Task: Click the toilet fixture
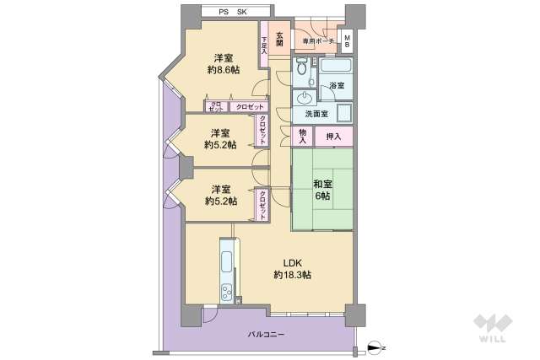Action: (x=303, y=72)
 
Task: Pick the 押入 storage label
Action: (x=334, y=137)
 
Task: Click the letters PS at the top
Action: (x=224, y=12)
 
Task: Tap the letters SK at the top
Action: (x=241, y=12)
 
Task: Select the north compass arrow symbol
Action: (x=376, y=347)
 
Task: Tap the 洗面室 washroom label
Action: (x=316, y=114)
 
